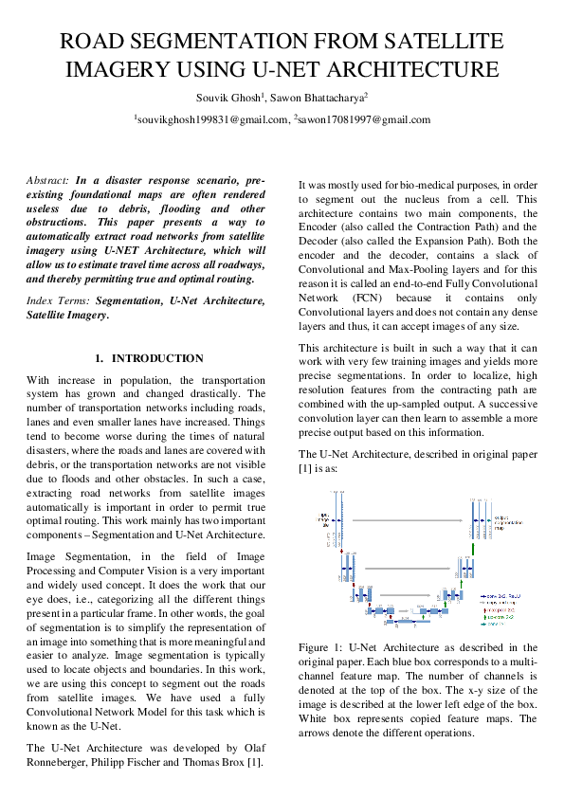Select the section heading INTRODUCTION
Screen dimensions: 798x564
click(x=157, y=358)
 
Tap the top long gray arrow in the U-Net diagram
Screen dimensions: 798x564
click(x=411, y=521)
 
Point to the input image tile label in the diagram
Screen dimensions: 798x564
click(x=321, y=519)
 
